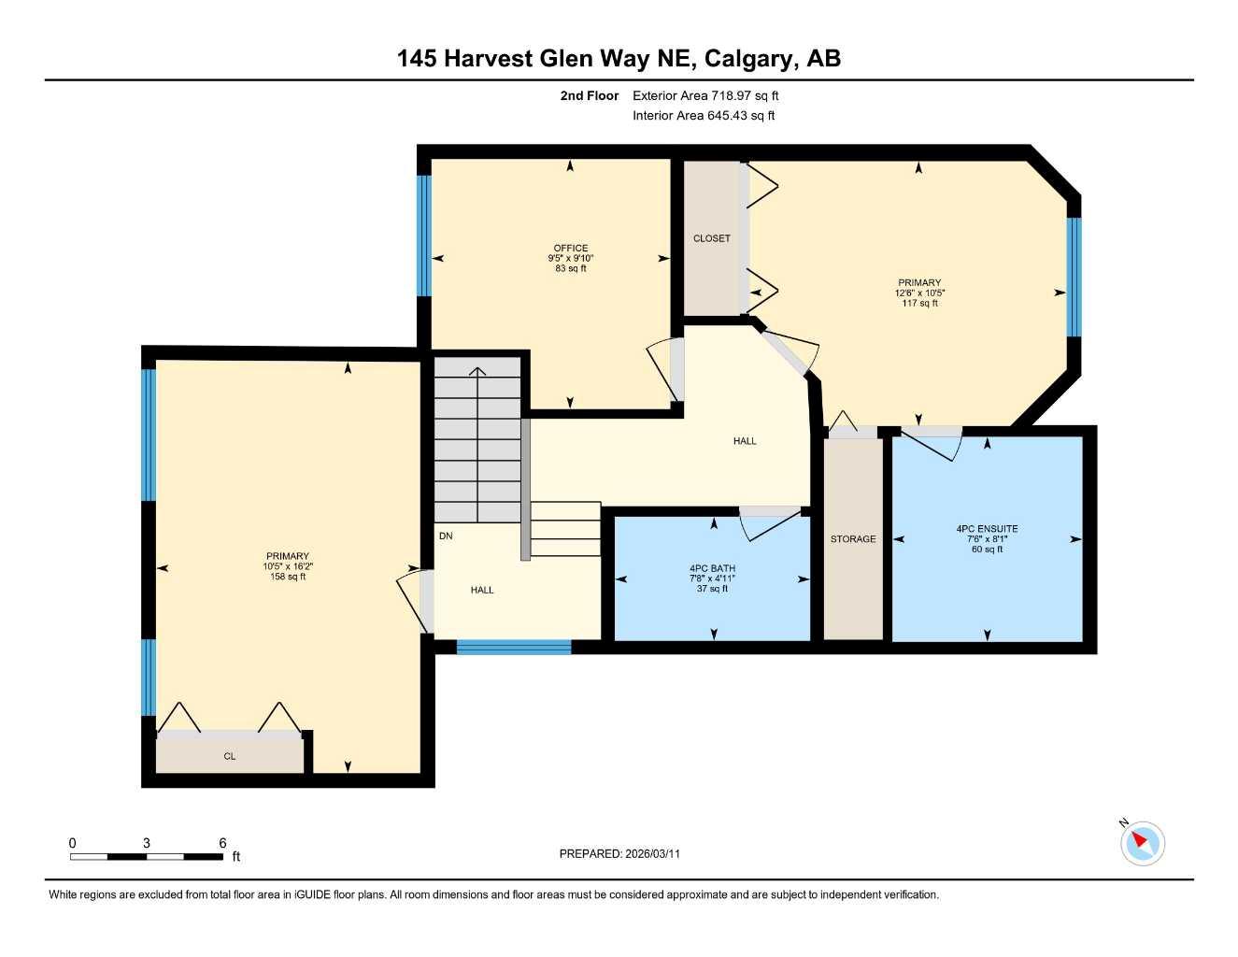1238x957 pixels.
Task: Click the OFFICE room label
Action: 570,248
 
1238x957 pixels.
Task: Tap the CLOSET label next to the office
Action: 711,238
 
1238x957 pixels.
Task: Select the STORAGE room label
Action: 853,539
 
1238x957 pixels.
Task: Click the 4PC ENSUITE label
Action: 987,529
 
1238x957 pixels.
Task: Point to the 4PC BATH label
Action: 712,568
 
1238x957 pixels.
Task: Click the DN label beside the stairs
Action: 446,536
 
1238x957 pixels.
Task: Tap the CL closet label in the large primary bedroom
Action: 230,756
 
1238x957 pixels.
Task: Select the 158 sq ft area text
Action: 288,577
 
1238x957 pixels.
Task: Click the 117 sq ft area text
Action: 919,303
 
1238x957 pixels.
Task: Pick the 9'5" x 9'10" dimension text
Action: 570,258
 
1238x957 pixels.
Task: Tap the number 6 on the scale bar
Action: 222,843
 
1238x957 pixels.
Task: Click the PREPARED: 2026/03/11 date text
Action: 619,853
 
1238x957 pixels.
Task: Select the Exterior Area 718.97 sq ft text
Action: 705,95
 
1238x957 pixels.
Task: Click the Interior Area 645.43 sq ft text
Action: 704,116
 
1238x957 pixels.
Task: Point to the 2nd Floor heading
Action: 589,95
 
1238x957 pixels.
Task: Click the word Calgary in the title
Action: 748,58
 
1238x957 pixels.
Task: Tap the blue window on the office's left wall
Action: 423,236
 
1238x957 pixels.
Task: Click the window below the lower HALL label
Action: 513,647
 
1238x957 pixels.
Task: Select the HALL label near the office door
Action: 745,441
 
